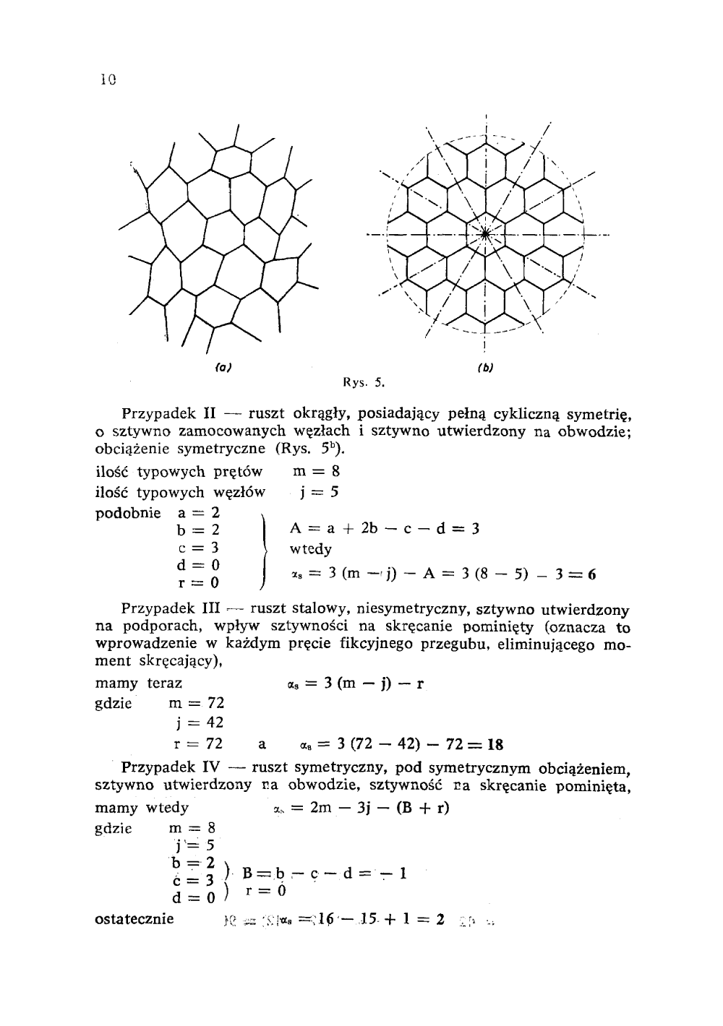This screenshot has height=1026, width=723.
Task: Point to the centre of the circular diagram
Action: pos(486,233)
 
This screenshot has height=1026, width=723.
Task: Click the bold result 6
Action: pos(591,576)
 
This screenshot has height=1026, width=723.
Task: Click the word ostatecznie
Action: pos(134,919)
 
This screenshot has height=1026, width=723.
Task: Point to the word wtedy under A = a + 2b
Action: pos(311,550)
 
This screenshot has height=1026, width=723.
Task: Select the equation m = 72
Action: pos(197,702)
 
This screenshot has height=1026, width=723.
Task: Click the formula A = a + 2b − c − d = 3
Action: pos(385,528)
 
